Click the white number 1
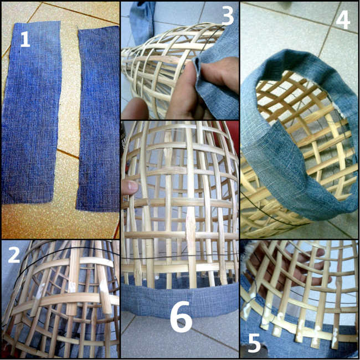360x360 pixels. click(x=25, y=39)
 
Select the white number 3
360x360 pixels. click(x=228, y=16)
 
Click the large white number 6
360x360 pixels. click(x=181, y=316)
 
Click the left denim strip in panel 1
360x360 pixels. click(x=32, y=112)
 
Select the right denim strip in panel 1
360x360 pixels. click(x=98, y=120)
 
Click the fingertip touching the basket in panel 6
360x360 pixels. click(x=130, y=187)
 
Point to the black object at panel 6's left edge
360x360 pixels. click(x=124, y=147)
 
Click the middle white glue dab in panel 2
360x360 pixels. click(x=73, y=287)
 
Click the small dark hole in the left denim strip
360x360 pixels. click(x=19, y=52)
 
